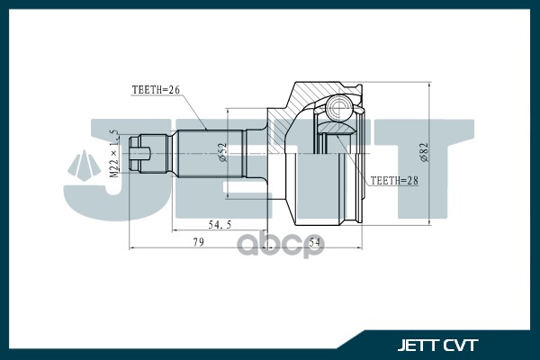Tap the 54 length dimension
pos(315,242)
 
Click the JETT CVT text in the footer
pos(437,344)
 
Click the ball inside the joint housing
pos(341,111)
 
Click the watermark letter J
pos(99,166)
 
